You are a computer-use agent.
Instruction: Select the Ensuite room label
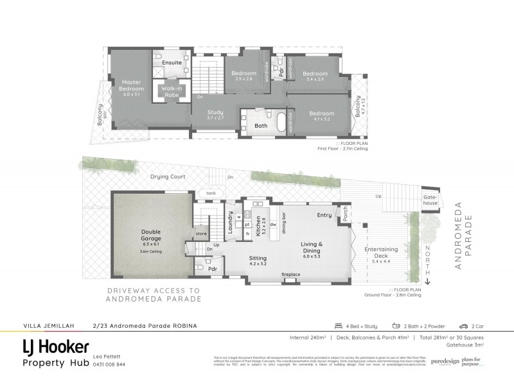click(x=172, y=62)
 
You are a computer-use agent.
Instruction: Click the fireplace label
click(x=291, y=274)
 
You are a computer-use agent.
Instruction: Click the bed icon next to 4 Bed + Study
click(x=338, y=325)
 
